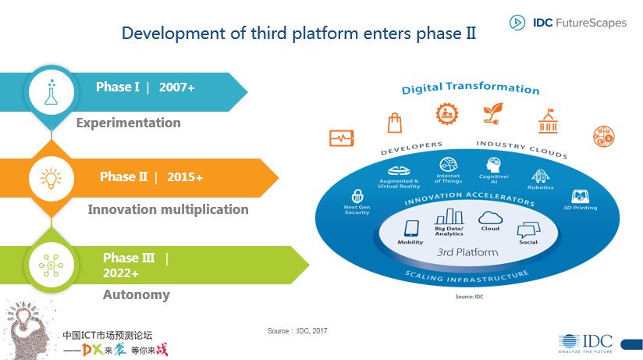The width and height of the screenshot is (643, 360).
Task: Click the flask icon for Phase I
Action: (x=52, y=91)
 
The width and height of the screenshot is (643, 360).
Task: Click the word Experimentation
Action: (x=128, y=123)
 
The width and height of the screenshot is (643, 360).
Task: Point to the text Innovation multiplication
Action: (x=168, y=209)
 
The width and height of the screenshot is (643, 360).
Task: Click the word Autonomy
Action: (x=136, y=295)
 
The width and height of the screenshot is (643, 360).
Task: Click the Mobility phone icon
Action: (x=410, y=229)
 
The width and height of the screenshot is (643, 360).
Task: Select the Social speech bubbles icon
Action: (x=528, y=230)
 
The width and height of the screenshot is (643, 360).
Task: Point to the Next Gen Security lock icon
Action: (x=357, y=196)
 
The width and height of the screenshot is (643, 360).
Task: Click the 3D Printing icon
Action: (x=580, y=196)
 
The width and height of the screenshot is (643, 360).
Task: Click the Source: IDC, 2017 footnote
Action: (x=297, y=332)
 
